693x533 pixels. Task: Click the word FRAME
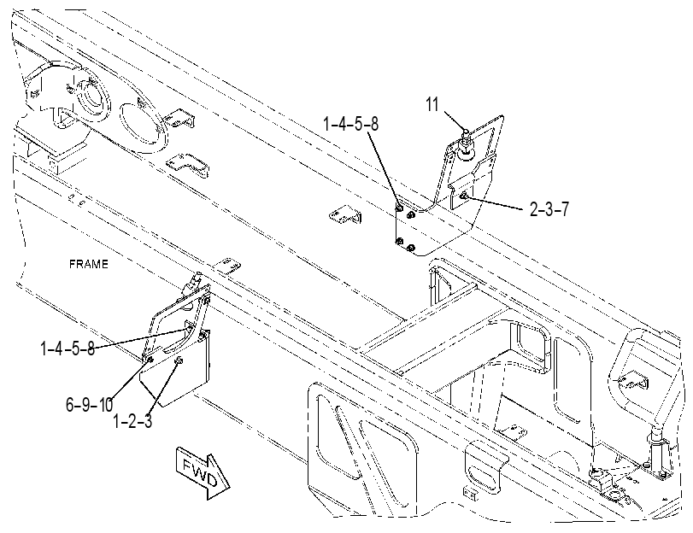pyautogui.click(x=88, y=264)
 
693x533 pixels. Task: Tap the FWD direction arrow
pyautogui.click(x=203, y=473)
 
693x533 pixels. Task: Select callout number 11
pyautogui.click(x=432, y=104)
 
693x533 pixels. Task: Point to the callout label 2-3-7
pyautogui.click(x=549, y=209)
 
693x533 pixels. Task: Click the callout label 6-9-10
pyautogui.click(x=89, y=404)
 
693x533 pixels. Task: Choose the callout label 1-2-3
pyautogui.click(x=132, y=421)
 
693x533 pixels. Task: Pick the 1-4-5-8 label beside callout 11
pyautogui.click(x=351, y=124)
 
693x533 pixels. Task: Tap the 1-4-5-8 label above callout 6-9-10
pyautogui.click(x=68, y=348)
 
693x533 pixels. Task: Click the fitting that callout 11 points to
pyautogui.click(x=465, y=143)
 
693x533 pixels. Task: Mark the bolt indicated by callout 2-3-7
pyautogui.click(x=464, y=196)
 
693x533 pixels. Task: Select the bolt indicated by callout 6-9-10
pyautogui.click(x=150, y=360)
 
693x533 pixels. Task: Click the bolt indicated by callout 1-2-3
pyautogui.click(x=179, y=361)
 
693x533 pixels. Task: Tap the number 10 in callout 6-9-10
pyautogui.click(x=105, y=404)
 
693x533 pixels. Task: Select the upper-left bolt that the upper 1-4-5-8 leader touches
pyautogui.click(x=399, y=208)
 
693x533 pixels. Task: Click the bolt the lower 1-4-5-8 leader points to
pyautogui.click(x=189, y=328)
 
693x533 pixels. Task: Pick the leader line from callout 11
pyautogui.click(x=453, y=121)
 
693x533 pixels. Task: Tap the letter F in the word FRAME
pyautogui.click(x=73, y=264)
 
